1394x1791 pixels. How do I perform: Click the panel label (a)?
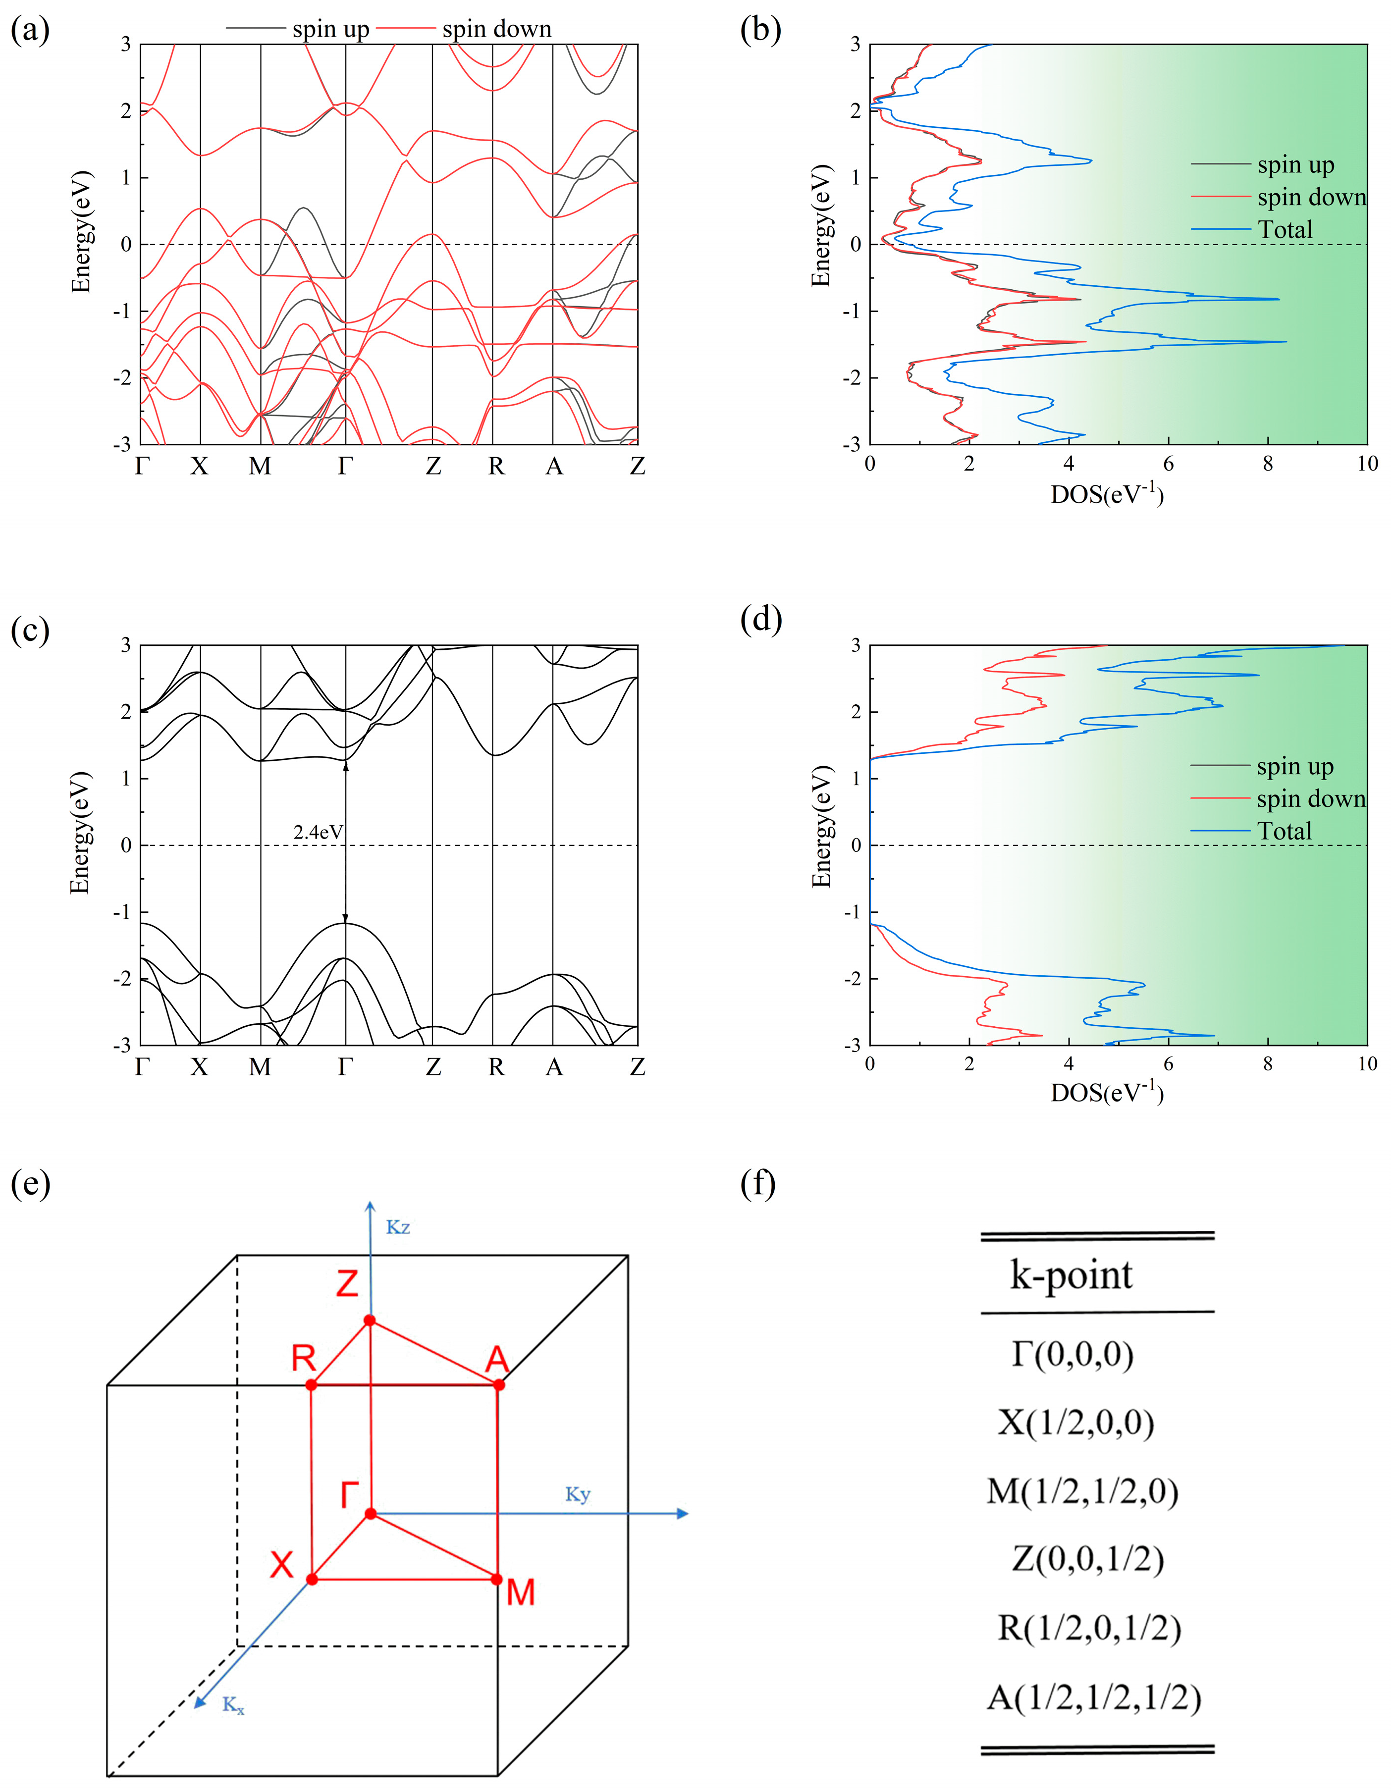point(30,30)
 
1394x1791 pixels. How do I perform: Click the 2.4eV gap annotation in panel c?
point(318,832)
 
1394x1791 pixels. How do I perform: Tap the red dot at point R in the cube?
point(311,1385)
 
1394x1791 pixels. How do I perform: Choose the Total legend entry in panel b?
point(1285,230)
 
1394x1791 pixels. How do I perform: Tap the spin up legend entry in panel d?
point(1295,767)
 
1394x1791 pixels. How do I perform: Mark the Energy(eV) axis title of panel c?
point(80,833)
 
